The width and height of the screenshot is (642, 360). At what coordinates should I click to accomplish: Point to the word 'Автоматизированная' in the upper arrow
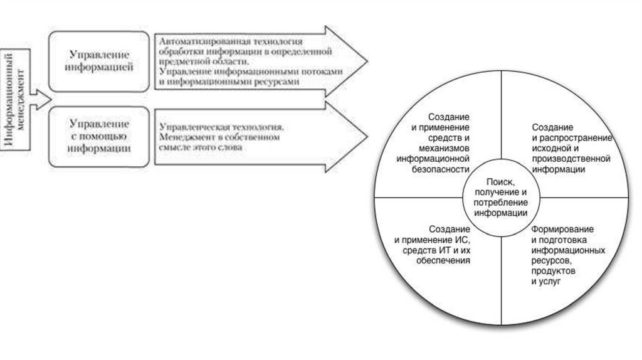tap(199, 41)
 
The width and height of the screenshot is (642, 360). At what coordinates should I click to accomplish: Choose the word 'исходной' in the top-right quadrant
tap(548, 148)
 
